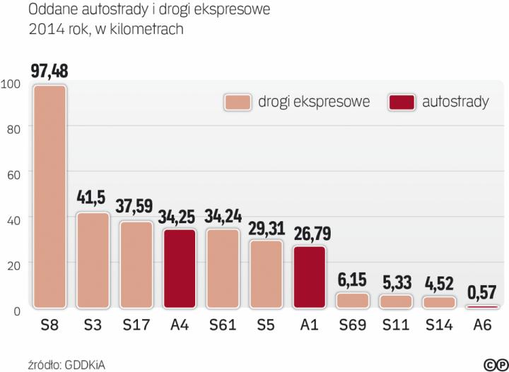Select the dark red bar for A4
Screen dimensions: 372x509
point(179,268)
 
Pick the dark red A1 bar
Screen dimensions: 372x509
point(308,277)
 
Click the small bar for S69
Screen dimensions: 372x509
point(352,300)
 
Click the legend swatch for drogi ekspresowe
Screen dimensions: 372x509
point(238,102)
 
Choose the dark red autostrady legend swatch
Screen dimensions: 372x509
point(402,102)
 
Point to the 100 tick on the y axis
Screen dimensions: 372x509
point(12,84)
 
